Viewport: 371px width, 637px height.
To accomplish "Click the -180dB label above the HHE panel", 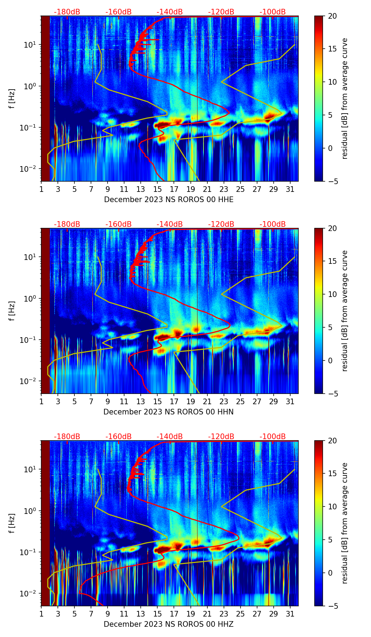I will pyautogui.click(x=67, y=12).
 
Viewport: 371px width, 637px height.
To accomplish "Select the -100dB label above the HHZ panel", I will pyautogui.click(x=273, y=437).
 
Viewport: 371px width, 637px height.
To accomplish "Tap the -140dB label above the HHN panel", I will pyautogui.click(x=170, y=224).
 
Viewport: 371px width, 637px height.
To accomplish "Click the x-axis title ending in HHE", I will pyautogui.click(x=169, y=200).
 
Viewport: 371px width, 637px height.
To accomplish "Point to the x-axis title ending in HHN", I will pyautogui.click(x=169, y=412).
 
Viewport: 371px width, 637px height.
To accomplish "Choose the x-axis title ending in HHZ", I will pyautogui.click(x=169, y=624).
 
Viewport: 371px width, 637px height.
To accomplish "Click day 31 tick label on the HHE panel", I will pyautogui.click(x=290, y=189).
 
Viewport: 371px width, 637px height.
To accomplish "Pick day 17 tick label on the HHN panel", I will pyautogui.click(x=174, y=401).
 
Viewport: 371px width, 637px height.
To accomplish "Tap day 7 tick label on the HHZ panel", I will pyautogui.click(x=91, y=614).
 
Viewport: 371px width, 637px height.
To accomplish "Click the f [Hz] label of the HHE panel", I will pyautogui.click(x=12, y=99).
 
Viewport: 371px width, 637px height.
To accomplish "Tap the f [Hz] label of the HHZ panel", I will pyautogui.click(x=12, y=523).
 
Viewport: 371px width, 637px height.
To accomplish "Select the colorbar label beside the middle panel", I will pyautogui.click(x=345, y=311).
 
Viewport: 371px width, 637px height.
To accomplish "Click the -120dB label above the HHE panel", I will pyautogui.click(x=221, y=12).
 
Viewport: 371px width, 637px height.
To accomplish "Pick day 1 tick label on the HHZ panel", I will pyautogui.click(x=41, y=614).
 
